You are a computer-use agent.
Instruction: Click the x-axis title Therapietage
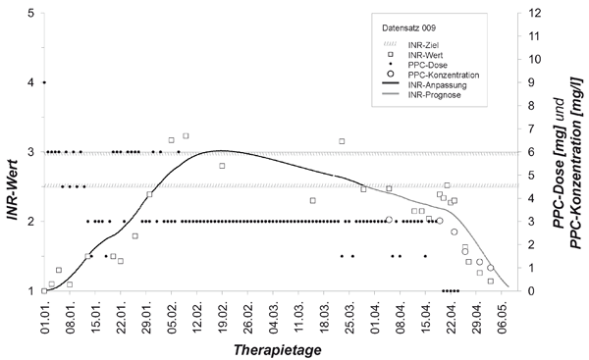[x=277, y=350]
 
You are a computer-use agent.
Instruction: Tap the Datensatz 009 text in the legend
[x=408, y=27]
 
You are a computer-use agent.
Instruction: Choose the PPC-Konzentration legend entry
[x=430, y=76]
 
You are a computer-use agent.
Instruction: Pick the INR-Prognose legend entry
[x=421, y=95]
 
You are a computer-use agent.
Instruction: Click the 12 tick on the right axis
[x=535, y=13]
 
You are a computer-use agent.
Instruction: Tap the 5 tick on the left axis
[x=31, y=13]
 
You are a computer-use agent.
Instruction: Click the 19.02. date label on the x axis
[x=223, y=319]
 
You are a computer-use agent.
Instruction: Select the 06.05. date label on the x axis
[x=503, y=319]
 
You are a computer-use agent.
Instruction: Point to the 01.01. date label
[x=44, y=319]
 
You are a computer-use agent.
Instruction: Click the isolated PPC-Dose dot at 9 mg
[x=44, y=82]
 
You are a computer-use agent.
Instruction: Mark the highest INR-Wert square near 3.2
[x=186, y=135]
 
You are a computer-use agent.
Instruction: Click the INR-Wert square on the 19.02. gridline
[x=222, y=166]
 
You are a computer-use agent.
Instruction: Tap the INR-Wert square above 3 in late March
[x=342, y=141]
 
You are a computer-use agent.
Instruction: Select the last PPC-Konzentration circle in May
[x=490, y=268]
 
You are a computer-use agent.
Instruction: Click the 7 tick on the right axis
[x=532, y=129]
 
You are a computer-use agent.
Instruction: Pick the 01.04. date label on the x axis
[x=375, y=319]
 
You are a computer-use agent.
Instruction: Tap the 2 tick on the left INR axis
[x=31, y=221]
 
